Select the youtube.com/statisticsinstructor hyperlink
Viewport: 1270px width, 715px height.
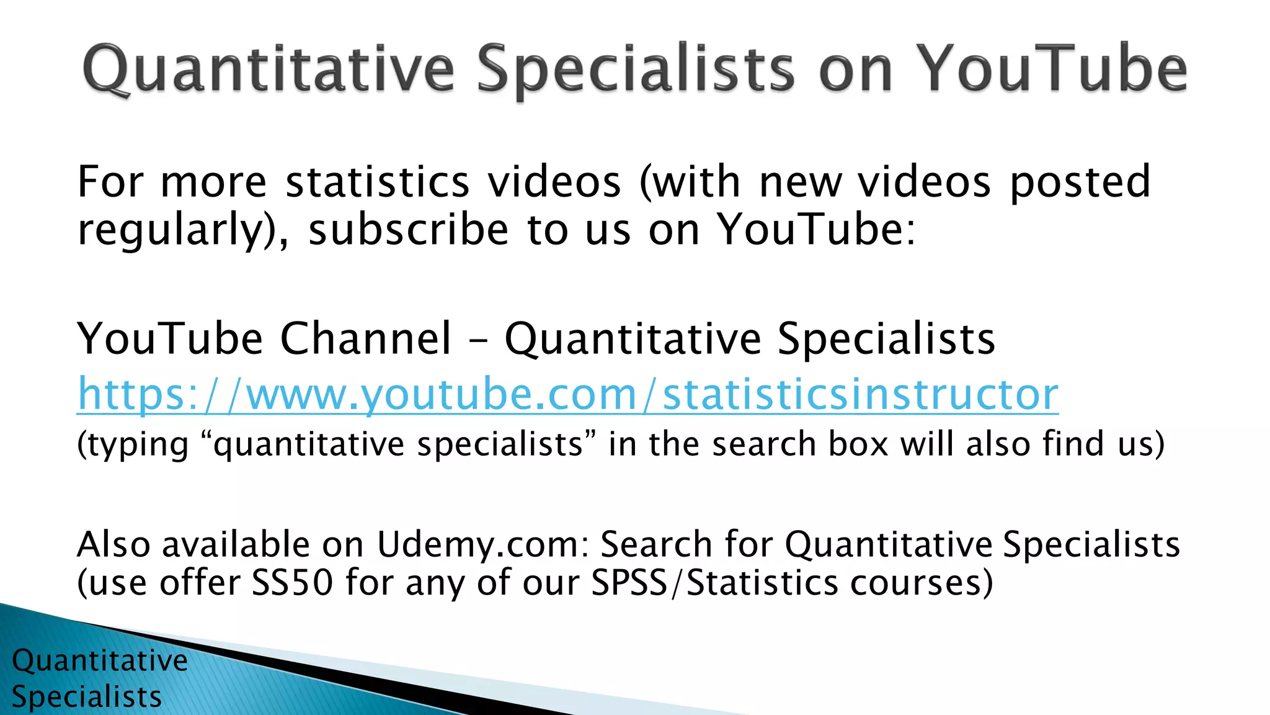tap(567, 394)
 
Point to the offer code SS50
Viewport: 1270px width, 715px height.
tap(292, 583)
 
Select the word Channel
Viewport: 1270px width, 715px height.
tap(366, 339)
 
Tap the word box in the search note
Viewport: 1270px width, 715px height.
tap(858, 444)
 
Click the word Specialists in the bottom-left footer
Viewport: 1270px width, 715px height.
tap(86, 696)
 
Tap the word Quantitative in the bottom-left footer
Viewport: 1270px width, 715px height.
tap(99, 660)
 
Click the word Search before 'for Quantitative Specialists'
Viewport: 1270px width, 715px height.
tap(656, 544)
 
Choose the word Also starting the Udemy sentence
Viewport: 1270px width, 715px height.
tap(113, 544)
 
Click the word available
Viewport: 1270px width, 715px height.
tap(236, 544)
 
